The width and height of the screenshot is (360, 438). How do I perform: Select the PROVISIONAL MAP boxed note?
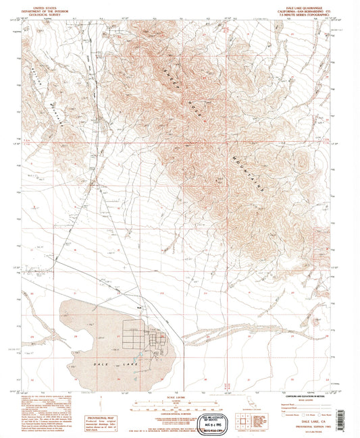pos(105,411)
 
